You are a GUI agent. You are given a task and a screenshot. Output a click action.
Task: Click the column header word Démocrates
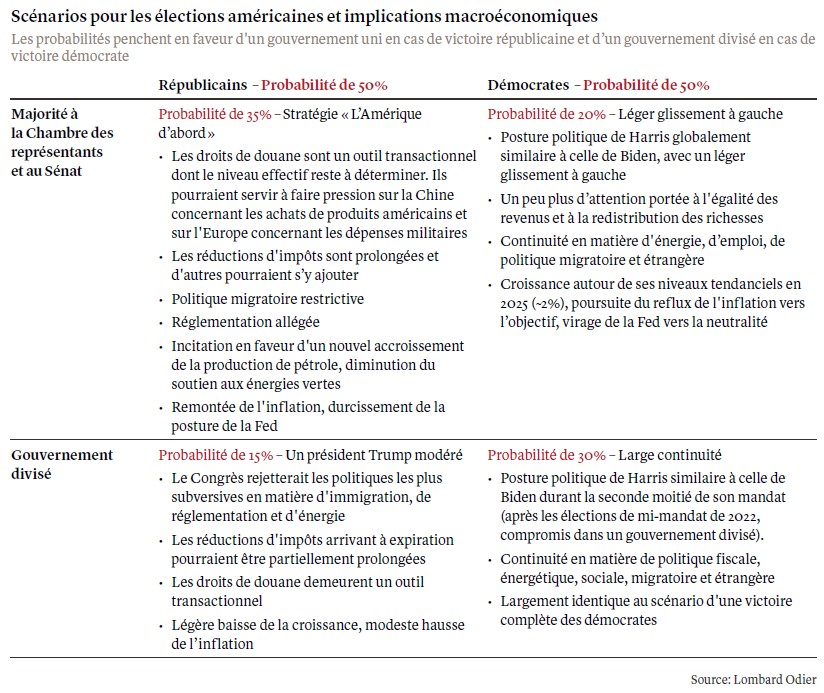[x=527, y=87]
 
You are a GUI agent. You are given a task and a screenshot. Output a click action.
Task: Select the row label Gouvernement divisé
[x=62, y=463]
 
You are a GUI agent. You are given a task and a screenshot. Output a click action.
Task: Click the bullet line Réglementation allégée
[x=245, y=322]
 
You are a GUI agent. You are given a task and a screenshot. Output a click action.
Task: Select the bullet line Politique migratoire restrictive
[x=267, y=298]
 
